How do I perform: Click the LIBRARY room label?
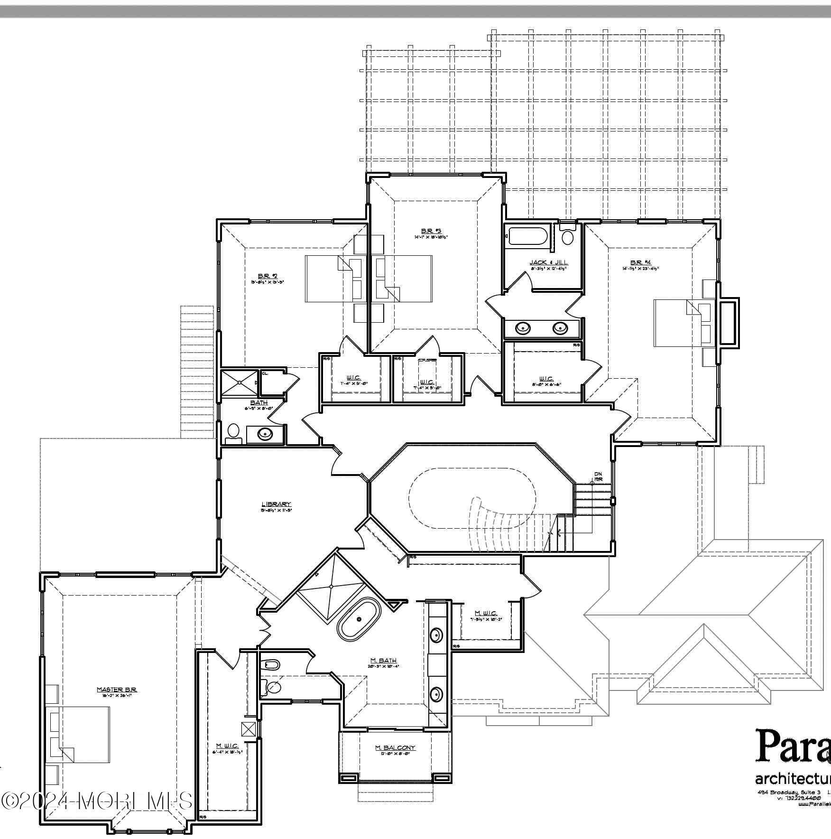pyautogui.click(x=276, y=504)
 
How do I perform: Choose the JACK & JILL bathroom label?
pyautogui.click(x=548, y=262)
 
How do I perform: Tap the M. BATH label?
pyautogui.click(x=383, y=661)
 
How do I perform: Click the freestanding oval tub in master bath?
pyautogui.click(x=359, y=619)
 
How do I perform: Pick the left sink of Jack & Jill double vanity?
pyautogui.click(x=523, y=327)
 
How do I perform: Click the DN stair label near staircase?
pyautogui.click(x=598, y=474)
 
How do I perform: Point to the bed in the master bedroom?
pyautogui.click(x=78, y=741)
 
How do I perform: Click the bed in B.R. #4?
pyautogui.click(x=677, y=323)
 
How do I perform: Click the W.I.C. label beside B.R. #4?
pyautogui.click(x=546, y=379)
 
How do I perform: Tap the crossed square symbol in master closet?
pyautogui.click(x=248, y=728)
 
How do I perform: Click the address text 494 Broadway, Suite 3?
pyautogui.click(x=789, y=806)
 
